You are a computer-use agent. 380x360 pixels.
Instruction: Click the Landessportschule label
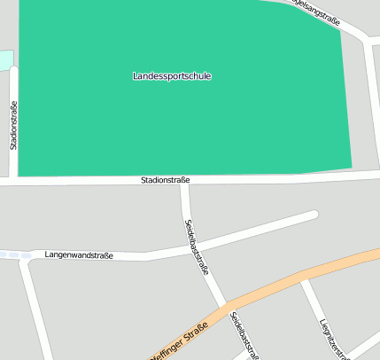(172, 76)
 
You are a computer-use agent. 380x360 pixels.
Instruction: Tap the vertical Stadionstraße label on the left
(14, 125)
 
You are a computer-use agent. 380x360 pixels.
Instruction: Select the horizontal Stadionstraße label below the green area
(165, 180)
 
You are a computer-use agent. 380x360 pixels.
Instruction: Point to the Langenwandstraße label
(79, 255)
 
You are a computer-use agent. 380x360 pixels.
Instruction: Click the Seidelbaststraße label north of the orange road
(196, 247)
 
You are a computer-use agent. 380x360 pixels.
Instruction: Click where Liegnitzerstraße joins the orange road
(304, 281)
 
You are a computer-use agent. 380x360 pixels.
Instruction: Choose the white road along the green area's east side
(370, 98)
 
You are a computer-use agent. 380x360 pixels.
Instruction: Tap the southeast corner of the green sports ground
(352, 167)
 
